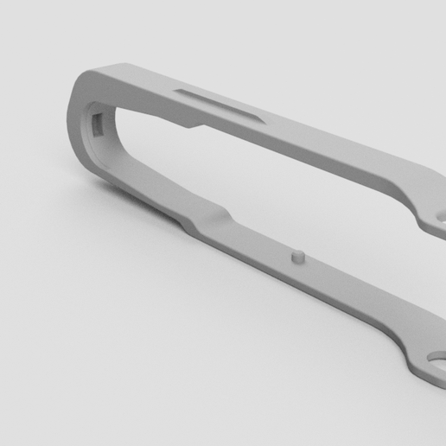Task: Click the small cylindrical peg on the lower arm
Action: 296,257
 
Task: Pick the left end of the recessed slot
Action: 180,90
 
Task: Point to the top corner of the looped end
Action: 95,71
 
